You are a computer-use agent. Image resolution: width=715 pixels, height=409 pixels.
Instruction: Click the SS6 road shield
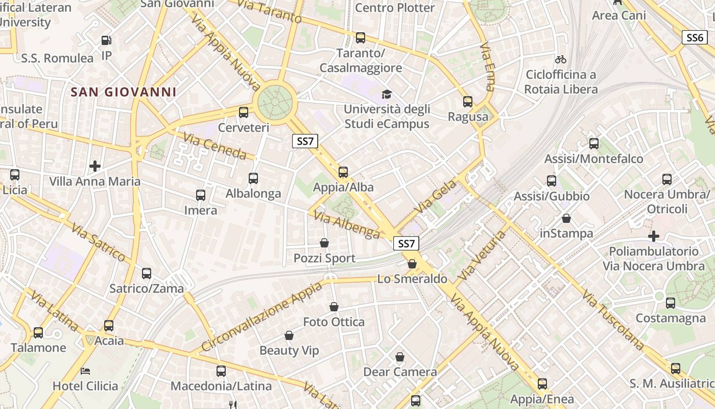[695, 37]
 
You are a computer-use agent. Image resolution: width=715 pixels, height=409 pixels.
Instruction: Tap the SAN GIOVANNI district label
[124, 92]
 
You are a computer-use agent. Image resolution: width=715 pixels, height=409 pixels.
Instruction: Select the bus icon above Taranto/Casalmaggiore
[361, 37]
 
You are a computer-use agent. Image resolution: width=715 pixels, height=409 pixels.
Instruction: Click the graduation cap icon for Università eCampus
[387, 94]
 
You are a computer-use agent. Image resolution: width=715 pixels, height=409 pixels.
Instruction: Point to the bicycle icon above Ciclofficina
[560, 59]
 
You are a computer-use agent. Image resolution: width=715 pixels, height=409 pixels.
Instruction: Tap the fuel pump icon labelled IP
[106, 40]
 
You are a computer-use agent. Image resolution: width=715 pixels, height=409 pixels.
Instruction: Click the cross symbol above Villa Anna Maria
[94, 166]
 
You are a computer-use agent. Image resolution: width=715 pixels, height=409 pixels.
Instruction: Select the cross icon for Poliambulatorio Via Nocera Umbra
[653, 236]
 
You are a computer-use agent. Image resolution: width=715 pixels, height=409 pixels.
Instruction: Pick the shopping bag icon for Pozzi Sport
[324, 243]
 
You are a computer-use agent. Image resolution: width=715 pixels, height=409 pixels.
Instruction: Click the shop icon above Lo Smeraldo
[412, 264]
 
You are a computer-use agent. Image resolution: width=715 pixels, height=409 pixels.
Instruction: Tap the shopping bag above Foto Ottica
[334, 307]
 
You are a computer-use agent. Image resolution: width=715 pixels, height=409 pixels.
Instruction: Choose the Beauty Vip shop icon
[289, 335]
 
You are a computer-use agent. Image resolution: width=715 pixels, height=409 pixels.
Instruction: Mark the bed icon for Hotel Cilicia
[86, 371]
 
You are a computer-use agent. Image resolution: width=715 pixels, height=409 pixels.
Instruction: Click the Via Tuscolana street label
[613, 321]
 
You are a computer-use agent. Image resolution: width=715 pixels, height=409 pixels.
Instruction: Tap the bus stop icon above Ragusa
[467, 101]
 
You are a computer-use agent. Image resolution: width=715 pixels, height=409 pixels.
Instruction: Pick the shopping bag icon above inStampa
[566, 218]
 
